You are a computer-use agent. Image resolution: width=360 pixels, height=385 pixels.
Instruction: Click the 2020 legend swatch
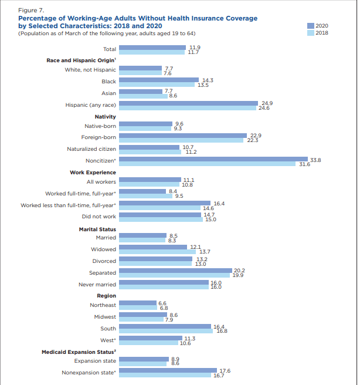pos(310,25)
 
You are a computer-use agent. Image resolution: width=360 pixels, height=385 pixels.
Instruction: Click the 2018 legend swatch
pos(310,33)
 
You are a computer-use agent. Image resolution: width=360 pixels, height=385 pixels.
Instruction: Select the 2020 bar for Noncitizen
pos(213,158)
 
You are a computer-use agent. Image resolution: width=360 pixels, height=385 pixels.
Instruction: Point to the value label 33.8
pos(315,159)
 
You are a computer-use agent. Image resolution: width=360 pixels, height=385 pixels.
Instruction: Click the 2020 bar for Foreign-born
pos(182,136)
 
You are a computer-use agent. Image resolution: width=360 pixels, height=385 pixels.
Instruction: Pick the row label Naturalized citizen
pos(91,149)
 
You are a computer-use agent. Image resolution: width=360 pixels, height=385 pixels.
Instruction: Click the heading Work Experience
pos(93,172)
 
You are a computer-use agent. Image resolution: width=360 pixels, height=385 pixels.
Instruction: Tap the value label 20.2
pos(239,270)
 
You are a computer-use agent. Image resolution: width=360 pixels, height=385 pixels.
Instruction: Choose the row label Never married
pos(97,284)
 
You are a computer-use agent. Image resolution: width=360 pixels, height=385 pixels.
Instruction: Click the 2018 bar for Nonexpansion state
pos(165,374)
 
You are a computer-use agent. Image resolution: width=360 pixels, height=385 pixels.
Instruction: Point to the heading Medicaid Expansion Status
pos(79,351)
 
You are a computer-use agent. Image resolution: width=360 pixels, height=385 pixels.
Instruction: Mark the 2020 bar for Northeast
pos(137,302)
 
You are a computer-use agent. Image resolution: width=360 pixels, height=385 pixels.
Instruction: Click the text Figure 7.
pos(30,11)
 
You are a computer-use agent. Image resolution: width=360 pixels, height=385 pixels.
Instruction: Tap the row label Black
pos(108,82)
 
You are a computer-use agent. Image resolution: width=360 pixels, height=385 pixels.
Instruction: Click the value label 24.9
pos(267,103)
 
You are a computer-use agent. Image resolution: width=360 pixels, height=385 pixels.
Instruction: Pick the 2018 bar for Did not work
pos(160,219)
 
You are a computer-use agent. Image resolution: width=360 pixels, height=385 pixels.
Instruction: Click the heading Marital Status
pos(97,229)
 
